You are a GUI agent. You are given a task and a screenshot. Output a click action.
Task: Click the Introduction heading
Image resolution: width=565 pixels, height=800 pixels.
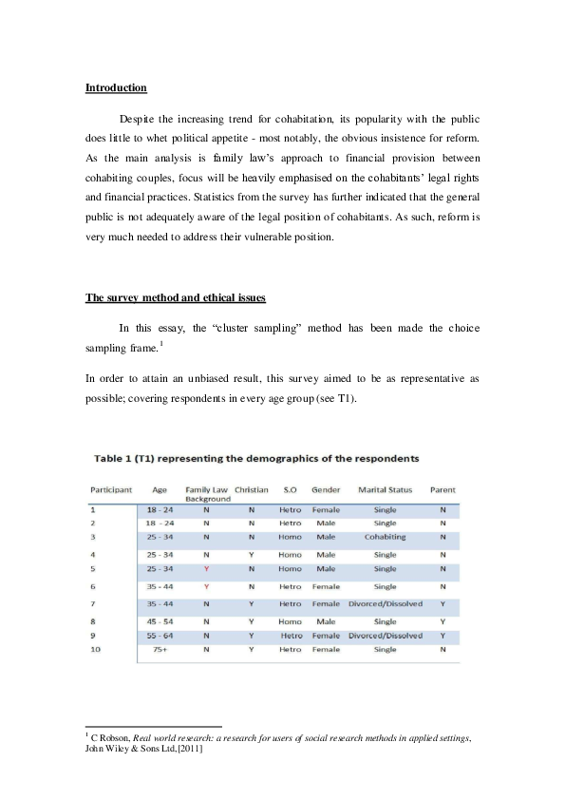[x=116, y=88]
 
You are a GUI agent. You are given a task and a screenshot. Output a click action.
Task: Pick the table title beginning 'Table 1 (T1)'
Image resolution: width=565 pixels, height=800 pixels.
[x=256, y=459]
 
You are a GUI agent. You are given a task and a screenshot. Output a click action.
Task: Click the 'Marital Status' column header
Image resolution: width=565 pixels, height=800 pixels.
[x=385, y=489]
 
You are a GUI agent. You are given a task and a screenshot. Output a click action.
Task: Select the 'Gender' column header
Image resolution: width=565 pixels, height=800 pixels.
[x=326, y=489]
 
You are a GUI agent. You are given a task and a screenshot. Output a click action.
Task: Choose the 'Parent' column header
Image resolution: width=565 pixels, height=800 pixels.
[x=443, y=489]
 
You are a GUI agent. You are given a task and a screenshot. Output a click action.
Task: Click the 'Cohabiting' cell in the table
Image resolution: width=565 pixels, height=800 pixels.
[x=385, y=536]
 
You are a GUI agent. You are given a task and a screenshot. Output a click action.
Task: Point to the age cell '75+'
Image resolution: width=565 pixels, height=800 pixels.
[x=160, y=649]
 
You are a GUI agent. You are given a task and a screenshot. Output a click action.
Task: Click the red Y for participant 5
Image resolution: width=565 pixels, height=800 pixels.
[x=206, y=568]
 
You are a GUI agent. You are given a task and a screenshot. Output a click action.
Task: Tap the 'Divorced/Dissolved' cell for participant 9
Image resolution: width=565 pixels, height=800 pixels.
[x=385, y=635]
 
